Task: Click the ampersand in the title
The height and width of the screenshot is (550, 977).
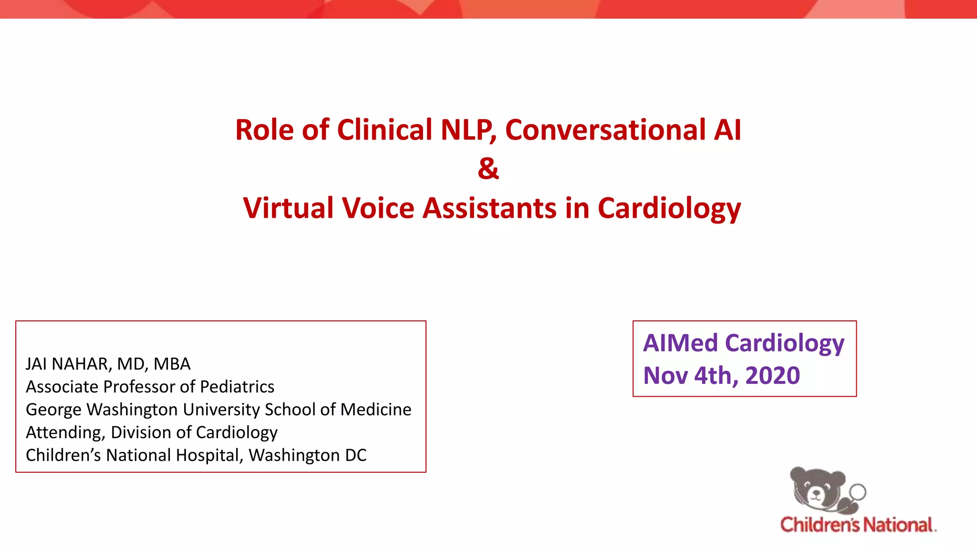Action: [488, 169]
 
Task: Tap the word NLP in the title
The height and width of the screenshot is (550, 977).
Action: [467, 130]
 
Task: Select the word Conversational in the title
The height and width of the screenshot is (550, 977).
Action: [605, 130]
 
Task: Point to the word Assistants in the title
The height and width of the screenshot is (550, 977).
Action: [489, 208]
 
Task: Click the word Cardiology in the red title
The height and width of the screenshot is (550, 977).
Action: [669, 209]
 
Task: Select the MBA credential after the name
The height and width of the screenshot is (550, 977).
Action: [172, 364]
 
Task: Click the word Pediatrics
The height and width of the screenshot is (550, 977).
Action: [237, 387]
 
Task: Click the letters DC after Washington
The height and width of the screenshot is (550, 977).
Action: [356, 455]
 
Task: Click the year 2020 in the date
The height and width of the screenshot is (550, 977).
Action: [772, 376]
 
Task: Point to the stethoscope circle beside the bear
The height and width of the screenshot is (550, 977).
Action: [858, 492]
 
